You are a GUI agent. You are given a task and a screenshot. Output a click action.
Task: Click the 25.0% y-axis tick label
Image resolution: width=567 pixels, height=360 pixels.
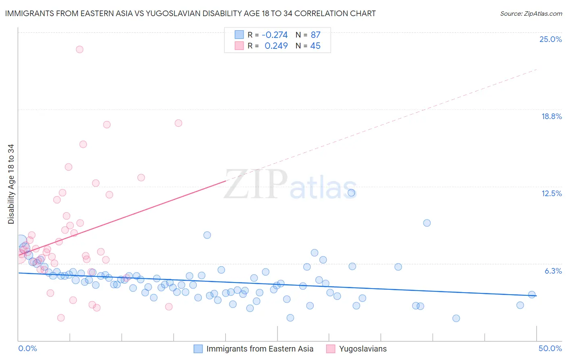(550, 39)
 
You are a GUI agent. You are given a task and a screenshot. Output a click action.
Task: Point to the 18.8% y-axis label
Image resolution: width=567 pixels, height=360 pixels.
(551, 116)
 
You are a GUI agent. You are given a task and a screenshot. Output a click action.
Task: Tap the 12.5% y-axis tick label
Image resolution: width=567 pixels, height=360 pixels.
(551, 193)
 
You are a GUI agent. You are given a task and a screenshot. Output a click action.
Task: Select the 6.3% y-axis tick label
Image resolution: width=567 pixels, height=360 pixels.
(553, 271)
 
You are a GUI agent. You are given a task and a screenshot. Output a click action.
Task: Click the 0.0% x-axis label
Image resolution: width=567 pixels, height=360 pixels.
(27, 348)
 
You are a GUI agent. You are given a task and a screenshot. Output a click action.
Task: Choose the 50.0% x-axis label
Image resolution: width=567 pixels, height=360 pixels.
(550, 348)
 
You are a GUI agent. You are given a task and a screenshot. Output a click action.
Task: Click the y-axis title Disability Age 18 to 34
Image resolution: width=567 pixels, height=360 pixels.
(11, 184)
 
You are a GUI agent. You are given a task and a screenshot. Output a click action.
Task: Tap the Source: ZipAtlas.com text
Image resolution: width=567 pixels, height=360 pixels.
(531, 14)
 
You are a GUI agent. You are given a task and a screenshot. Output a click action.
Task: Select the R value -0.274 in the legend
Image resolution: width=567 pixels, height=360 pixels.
(275, 35)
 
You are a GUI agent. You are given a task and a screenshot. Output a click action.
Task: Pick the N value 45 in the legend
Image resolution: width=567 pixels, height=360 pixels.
(315, 46)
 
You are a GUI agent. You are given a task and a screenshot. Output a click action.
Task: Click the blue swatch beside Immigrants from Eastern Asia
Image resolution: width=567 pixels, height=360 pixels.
(198, 349)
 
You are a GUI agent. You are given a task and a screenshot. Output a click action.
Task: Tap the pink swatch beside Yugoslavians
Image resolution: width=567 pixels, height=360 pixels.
(331, 349)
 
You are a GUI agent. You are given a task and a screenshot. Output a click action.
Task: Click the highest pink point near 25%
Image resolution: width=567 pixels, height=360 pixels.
(79, 49)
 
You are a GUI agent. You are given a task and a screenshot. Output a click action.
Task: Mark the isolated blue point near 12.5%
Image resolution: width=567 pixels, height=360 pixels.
(352, 193)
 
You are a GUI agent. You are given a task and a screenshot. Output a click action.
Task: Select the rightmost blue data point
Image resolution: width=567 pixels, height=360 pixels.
(532, 295)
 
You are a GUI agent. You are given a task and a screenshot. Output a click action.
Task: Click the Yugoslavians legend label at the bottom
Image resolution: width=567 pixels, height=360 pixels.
(363, 349)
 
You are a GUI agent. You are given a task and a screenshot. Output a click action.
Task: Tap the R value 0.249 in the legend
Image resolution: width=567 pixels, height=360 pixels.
(276, 46)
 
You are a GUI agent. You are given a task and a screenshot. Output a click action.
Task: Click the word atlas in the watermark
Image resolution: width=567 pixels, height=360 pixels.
(323, 188)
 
